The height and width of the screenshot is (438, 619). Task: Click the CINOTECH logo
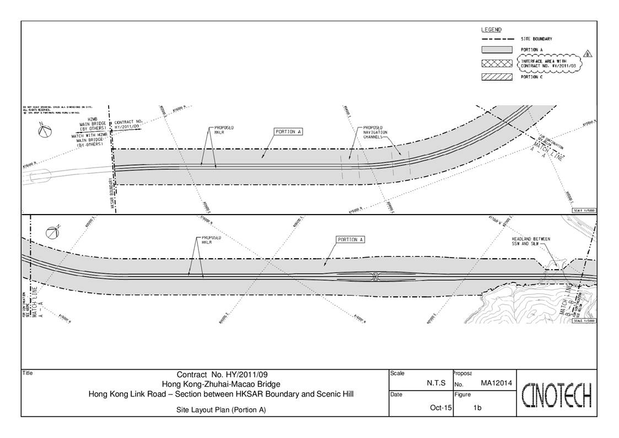pyautogui.click(x=557, y=394)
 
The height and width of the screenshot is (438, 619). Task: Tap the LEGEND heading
pyautogui.click(x=491, y=30)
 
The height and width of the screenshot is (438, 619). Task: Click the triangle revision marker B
pyautogui.click(x=588, y=54)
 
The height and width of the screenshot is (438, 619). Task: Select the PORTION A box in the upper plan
pyautogui.click(x=289, y=132)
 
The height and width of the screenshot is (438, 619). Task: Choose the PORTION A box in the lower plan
pyautogui.click(x=351, y=240)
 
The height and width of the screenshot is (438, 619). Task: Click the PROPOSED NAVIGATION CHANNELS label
pyautogui.click(x=375, y=132)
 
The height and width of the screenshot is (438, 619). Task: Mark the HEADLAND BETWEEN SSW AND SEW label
pyautogui.click(x=531, y=241)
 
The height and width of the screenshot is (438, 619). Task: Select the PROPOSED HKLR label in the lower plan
pyautogui.click(x=207, y=240)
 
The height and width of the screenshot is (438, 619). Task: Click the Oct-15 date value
pyautogui.click(x=441, y=408)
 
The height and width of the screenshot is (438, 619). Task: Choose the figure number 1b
pyautogui.click(x=477, y=408)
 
